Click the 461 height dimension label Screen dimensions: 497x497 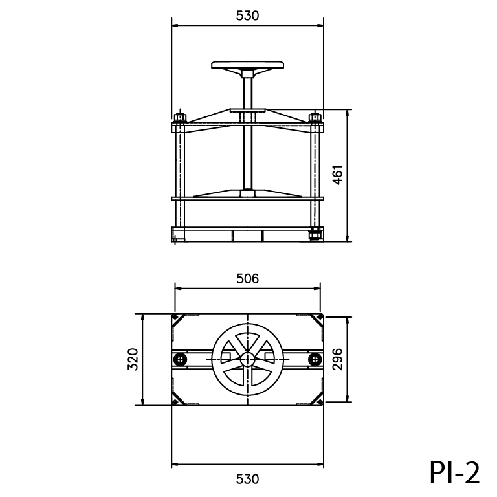(x=338, y=175)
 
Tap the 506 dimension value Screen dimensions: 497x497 (x=248, y=279)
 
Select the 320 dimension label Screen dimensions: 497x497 (x=133, y=359)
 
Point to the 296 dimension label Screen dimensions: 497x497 (x=338, y=359)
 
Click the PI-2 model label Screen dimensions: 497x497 (x=454, y=472)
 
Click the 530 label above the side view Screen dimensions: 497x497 (x=248, y=16)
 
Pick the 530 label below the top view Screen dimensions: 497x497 (x=248, y=480)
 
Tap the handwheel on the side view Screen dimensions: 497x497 (x=248, y=65)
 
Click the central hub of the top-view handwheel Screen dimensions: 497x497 (x=248, y=359)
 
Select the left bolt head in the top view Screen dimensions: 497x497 (x=181, y=359)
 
